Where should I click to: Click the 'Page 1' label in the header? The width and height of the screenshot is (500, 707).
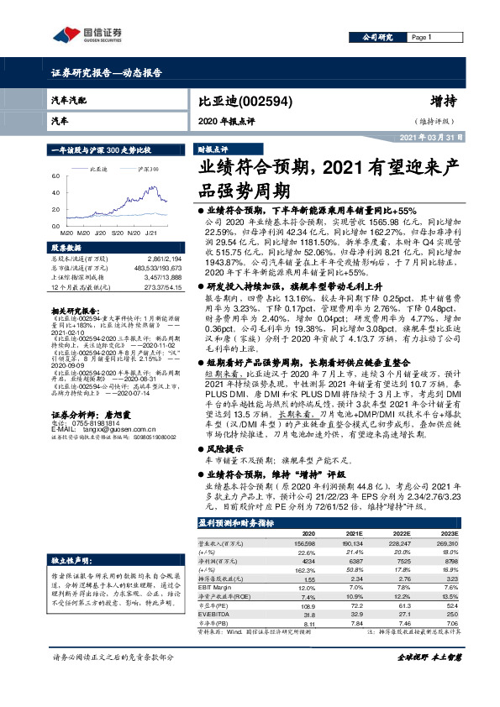click(x=422, y=38)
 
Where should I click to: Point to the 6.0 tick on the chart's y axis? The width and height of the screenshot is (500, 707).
click(x=55, y=176)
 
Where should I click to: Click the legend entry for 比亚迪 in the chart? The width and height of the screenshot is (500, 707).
click(x=100, y=169)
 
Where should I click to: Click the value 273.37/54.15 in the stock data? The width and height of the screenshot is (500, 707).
click(x=163, y=288)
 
